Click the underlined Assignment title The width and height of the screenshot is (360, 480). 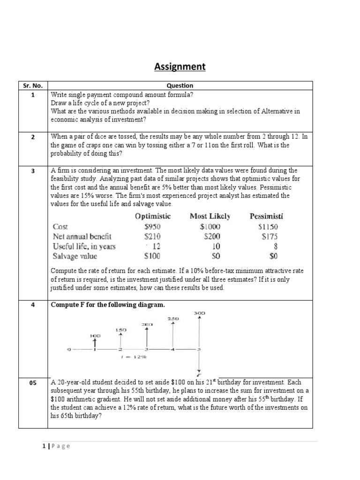[180, 67]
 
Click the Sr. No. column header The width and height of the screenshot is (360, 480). [33, 86]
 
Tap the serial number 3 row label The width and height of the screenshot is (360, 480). [33, 171]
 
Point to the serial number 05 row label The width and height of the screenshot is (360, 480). [33, 383]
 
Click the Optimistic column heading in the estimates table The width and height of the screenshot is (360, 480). [153, 216]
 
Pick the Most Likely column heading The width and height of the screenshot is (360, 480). [210, 216]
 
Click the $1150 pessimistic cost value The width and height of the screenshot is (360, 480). [268, 226]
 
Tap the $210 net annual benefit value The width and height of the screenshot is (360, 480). [152, 236]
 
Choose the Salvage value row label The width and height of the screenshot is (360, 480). [75, 256]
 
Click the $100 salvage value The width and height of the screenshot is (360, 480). [152, 256]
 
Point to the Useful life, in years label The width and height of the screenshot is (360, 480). [84, 246]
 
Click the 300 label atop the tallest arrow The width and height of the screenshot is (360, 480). [199, 313]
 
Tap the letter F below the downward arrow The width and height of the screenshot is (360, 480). [200, 374]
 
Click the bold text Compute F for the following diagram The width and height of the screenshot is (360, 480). [108, 305]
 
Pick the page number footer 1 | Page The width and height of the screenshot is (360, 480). [56, 446]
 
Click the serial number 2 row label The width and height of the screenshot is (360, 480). [33, 137]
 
